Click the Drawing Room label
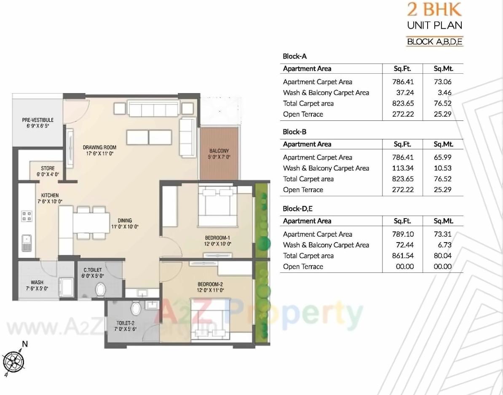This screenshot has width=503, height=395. click(99, 147)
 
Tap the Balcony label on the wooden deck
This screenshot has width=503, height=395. click(219, 151)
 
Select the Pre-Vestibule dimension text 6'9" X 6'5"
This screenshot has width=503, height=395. click(38, 126)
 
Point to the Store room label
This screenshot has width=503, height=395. click(48, 168)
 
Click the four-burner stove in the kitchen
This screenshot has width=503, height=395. click(27, 216)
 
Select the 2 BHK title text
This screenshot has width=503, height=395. click(434, 9)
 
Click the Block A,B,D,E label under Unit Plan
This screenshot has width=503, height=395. click(434, 41)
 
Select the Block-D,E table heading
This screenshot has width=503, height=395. click(297, 208)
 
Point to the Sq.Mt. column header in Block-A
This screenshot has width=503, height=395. click(443, 69)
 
